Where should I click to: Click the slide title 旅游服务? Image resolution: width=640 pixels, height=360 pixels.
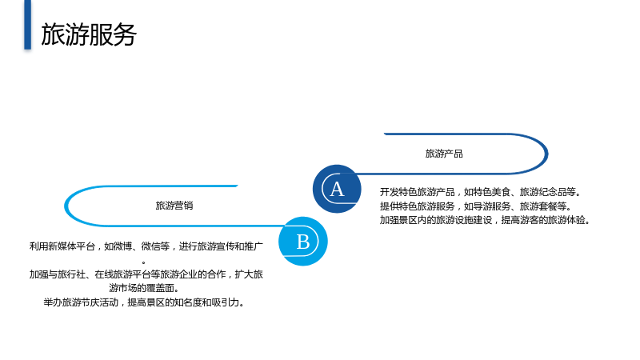(x=89, y=34)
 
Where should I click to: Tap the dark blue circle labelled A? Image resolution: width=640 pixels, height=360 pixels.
(x=337, y=189)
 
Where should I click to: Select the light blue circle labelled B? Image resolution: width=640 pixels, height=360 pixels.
(x=303, y=242)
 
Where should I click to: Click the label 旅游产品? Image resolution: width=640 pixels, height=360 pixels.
(x=444, y=154)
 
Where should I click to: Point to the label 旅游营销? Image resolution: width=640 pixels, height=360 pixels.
(x=174, y=206)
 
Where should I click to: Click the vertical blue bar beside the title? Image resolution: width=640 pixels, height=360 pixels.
(x=27, y=25)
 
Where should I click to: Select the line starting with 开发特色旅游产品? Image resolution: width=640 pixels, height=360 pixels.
(x=481, y=192)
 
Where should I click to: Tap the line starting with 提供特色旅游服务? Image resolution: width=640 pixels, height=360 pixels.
(x=476, y=206)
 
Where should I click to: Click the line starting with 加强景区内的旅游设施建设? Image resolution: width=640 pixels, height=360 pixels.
(x=485, y=220)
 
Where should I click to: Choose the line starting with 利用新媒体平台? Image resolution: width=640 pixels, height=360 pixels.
(x=146, y=246)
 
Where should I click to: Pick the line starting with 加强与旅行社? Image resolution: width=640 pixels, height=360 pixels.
(x=146, y=274)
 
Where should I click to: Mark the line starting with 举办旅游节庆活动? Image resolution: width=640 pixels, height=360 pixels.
(x=144, y=302)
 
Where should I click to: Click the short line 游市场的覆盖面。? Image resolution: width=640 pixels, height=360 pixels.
(x=144, y=288)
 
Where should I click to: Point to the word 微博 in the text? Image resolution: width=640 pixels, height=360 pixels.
(x=123, y=246)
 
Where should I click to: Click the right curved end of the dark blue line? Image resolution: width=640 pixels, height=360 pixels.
(x=546, y=154)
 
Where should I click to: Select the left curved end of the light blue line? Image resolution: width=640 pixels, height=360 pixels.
(x=66, y=206)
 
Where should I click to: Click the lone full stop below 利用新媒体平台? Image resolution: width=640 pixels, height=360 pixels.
(x=144, y=262)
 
